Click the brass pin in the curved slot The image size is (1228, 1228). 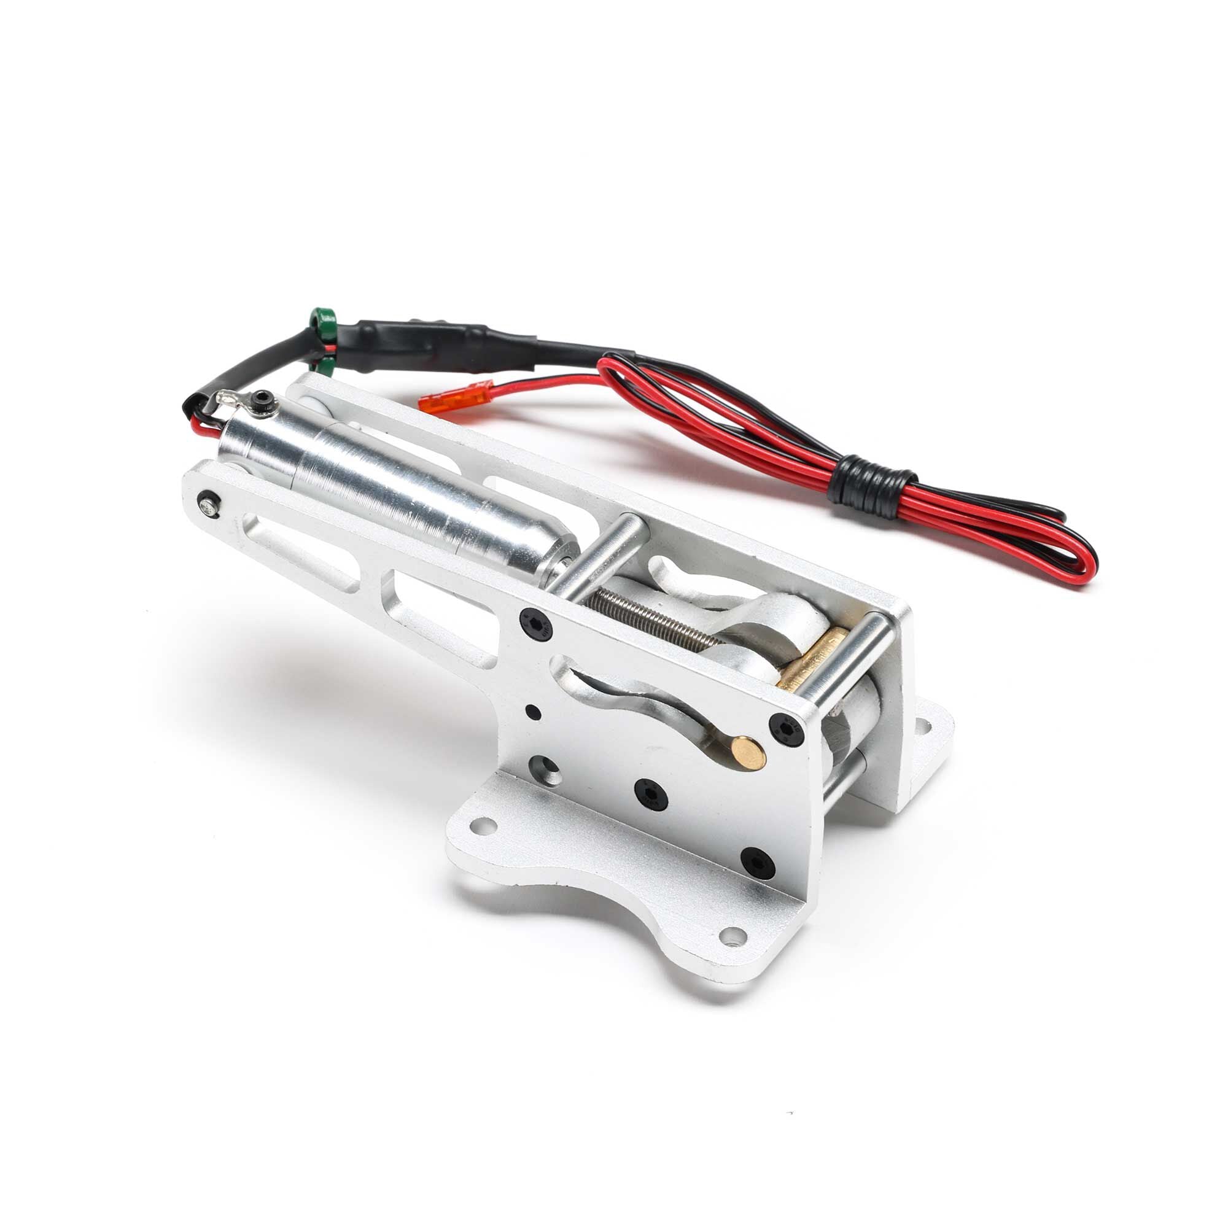coord(748,752)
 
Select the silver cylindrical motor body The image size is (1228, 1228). coord(394,483)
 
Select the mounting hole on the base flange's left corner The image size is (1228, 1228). coord(486,826)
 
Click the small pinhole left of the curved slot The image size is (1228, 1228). coord(534,712)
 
